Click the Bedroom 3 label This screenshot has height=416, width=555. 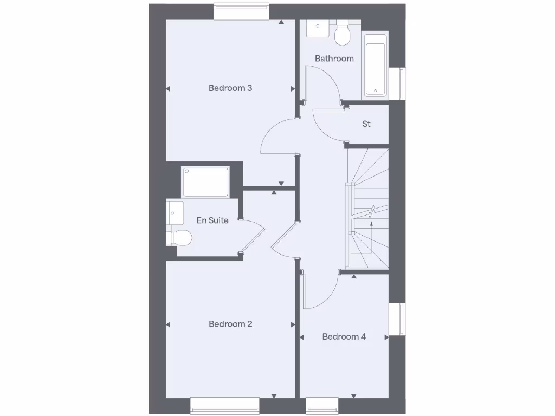point(230,88)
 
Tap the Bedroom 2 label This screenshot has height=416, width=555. point(230,324)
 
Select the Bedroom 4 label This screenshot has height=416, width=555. point(344,336)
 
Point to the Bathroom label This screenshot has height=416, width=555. point(334,58)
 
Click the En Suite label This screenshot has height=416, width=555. point(212,220)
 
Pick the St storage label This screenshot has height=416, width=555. point(366,124)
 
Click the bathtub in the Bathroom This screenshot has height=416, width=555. point(375,66)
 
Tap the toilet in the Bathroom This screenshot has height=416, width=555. point(342,34)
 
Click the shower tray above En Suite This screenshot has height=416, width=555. point(205,182)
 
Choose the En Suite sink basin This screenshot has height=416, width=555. point(175,212)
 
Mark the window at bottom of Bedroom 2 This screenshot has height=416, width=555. point(224,405)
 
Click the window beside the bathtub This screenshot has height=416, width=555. point(402,83)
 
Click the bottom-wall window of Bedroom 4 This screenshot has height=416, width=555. point(322,405)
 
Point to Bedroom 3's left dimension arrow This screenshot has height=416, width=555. point(168,89)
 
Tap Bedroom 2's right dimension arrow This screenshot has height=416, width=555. point(293,325)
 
